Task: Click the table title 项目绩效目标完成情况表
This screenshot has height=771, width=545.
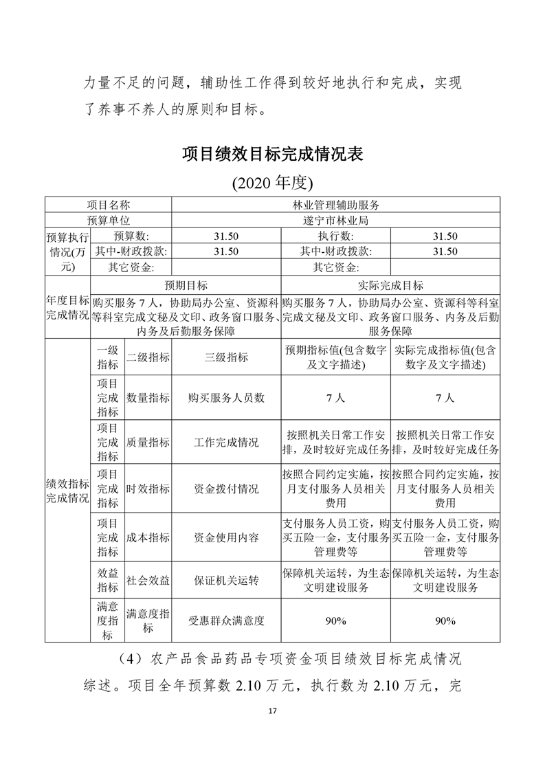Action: point(272,153)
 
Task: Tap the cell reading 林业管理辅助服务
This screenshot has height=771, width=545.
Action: point(336,205)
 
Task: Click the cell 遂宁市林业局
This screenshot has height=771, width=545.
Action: point(336,221)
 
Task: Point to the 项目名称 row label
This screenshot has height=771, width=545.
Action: point(108,205)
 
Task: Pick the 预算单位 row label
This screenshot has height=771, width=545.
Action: point(108,221)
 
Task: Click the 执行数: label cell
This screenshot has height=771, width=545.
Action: point(335,236)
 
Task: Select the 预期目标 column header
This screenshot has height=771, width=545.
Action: point(186,285)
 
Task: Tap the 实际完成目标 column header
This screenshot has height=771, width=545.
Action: point(390,285)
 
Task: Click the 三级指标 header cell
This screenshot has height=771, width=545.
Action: point(226,357)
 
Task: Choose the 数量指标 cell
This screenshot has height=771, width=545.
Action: point(148,398)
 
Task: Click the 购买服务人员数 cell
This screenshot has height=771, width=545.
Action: point(226,398)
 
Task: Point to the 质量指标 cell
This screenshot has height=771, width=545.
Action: point(148,443)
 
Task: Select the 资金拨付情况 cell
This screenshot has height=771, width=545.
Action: point(226,489)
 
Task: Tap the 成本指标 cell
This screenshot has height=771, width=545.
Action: point(148,537)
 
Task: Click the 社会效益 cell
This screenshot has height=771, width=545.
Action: point(148,581)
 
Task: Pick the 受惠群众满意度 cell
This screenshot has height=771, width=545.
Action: point(226,621)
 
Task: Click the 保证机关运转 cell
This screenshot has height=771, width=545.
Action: point(226,581)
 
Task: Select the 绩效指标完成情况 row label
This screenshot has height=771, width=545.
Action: point(67,490)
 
